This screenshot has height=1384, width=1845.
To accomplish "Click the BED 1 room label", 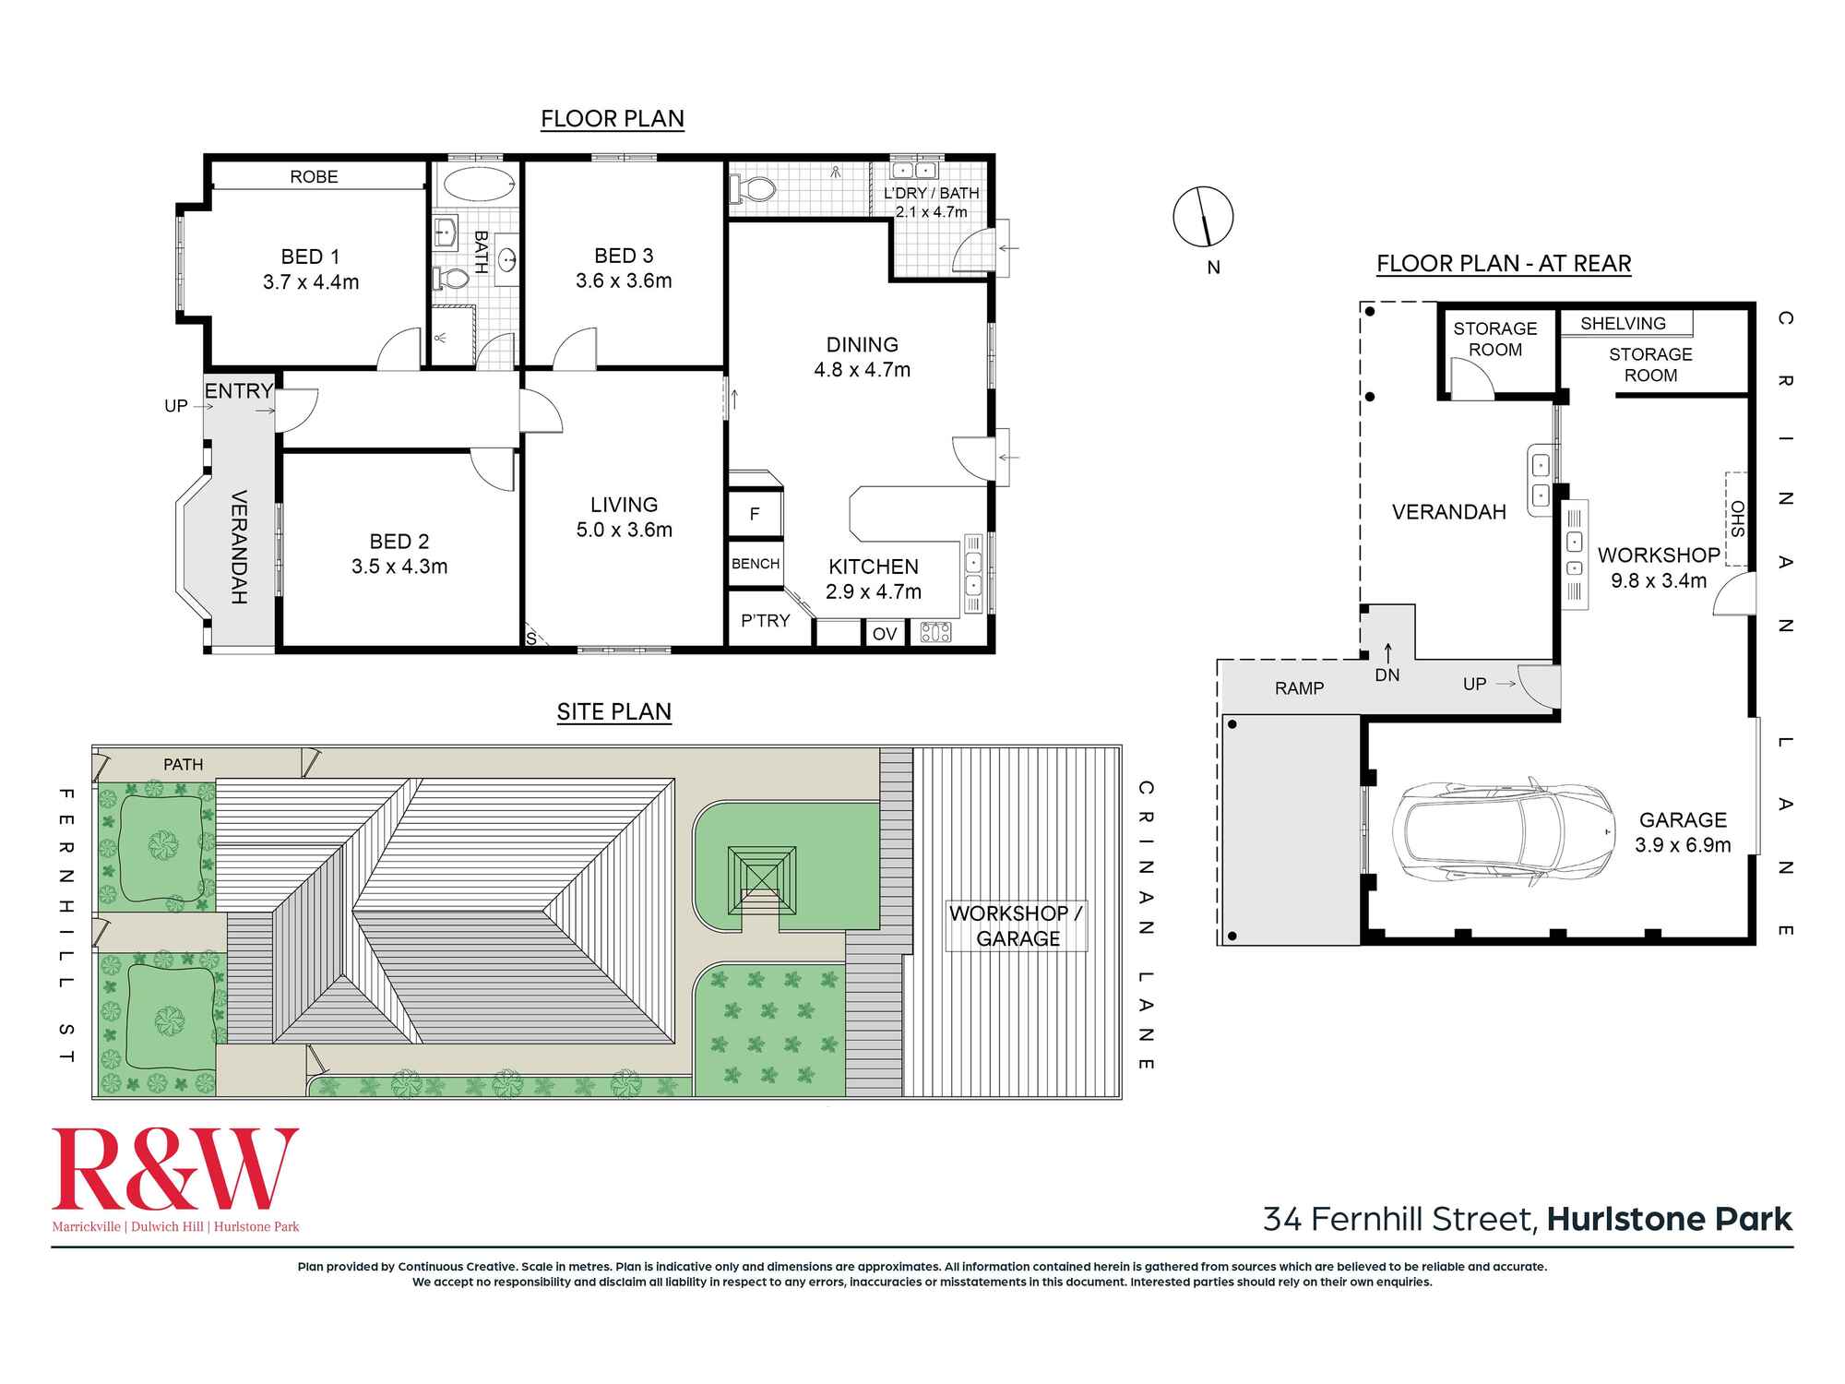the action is click(310, 257).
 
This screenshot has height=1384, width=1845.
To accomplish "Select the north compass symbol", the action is click(1203, 217).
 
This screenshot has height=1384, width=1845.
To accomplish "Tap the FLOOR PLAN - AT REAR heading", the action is click(1504, 264).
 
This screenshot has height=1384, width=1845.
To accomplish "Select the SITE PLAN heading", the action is click(613, 711).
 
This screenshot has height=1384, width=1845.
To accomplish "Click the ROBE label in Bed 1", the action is click(314, 176).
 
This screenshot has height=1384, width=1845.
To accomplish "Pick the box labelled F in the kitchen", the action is click(755, 514).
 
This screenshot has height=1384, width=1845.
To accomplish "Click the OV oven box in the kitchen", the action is click(885, 634).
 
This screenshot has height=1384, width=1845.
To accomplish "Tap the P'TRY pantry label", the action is click(766, 621).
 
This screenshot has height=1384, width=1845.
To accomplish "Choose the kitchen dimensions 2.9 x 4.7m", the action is click(874, 592).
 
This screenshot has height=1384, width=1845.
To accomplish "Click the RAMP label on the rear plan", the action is click(1300, 688).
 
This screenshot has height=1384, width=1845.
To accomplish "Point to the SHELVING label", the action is click(1623, 324).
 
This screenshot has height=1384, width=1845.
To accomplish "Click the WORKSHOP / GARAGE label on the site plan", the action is click(1018, 925).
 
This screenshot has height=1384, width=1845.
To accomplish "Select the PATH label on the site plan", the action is click(183, 764).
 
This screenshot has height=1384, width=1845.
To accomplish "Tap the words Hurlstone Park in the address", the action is click(1670, 1220).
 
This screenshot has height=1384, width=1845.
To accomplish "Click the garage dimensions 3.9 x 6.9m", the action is click(1683, 845).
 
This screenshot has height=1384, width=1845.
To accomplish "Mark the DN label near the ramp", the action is click(1387, 675).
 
